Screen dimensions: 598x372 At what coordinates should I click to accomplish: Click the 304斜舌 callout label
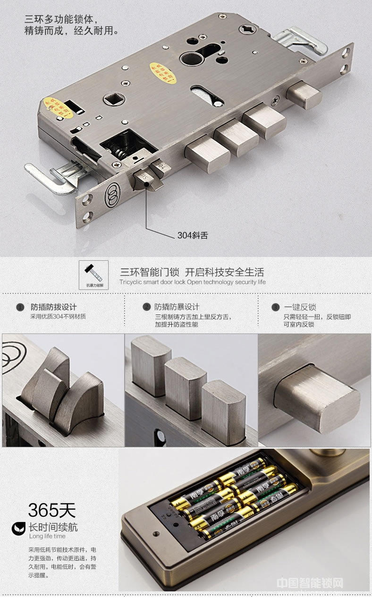[x=193, y=235]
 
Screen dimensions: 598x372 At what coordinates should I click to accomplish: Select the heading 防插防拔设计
[x=54, y=307]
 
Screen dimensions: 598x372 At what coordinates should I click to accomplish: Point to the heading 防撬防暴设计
[x=177, y=307]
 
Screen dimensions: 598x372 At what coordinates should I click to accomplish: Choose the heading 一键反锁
[x=300, y=307]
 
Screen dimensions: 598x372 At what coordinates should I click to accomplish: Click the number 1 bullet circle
[x=20, y=308]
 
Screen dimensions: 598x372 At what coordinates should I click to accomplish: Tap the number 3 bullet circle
[x=276, y=308]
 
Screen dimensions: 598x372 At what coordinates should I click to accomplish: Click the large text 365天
[x=52, y=511]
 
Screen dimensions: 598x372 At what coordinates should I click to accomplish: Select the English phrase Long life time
[x=47, y=537]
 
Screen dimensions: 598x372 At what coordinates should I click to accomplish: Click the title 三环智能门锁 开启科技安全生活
[x=192, y=272]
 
